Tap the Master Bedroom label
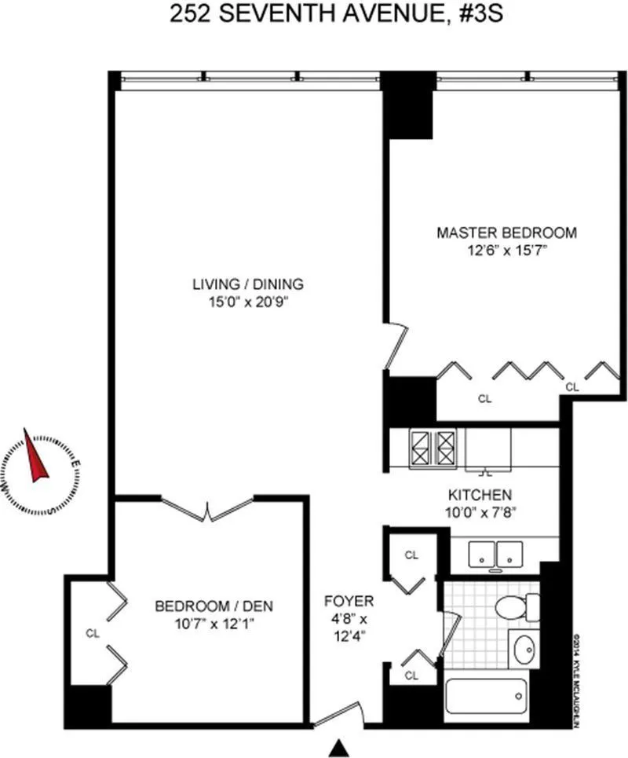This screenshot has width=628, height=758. [x=506, y=233]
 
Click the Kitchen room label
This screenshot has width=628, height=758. [x=480, y=496]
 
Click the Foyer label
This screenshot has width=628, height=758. [x=349, y=602]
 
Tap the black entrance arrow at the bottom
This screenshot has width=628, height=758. [x=339, y=747]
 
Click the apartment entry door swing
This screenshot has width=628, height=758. [x=338, y=715]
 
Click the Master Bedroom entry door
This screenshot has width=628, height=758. [x=396, y=346]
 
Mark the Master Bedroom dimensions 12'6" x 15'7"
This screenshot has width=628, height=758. [x=506, y=251]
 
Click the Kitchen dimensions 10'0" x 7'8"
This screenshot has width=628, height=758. [x=480, y=514]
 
